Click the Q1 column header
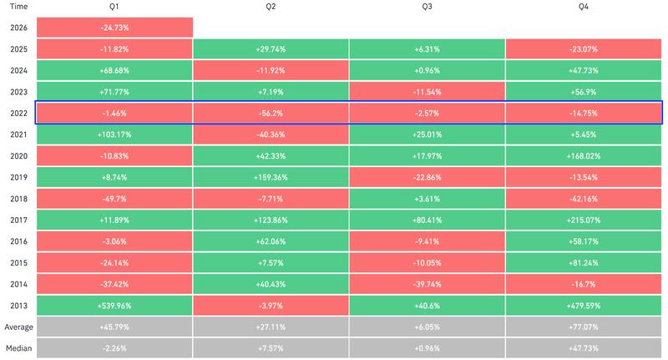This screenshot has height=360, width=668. tap(114, 8)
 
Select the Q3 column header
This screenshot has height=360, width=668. tap(427, 8)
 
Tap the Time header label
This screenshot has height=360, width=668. tap(18, 8)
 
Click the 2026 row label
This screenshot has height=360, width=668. tap(19, 28)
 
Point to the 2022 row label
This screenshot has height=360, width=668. tap(19, 113)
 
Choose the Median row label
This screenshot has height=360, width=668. tap(19, 348)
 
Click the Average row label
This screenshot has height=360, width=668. tap(19, 327)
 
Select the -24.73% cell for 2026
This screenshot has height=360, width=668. tap(114, 28)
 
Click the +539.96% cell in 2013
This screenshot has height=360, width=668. tap(114, 305)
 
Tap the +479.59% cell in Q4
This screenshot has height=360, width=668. tap(584, 305)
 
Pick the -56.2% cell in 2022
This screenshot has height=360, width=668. tap(271, 113)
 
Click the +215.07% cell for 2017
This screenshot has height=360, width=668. tap(584, 220)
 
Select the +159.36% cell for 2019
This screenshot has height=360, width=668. tap(271, 177)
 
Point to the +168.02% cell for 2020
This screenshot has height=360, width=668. tap(584, 155)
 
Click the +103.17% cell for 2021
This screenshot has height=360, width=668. tap(114, 134)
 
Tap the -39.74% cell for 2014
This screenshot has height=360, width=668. tap(427, 284)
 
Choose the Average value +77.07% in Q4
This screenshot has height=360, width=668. tap(584, 327)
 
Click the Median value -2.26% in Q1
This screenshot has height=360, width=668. tap(114, 348)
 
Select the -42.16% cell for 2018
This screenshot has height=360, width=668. tap(584, 199)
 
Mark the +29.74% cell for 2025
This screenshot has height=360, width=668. tap(271, 48)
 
